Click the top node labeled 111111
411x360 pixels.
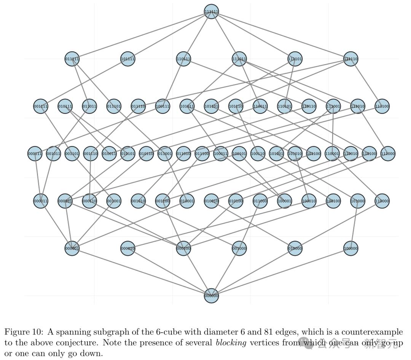pos(211,11)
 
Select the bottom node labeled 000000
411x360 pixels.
pos(211,296)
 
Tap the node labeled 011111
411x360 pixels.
pos(72,59)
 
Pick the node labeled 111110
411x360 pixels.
pos(350,59)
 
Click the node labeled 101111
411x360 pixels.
pos(127,59)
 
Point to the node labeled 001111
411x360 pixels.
pos(41,106)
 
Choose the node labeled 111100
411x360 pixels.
pos(382,106)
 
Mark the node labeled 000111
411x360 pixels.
pos(35,154)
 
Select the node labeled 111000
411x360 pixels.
pos(388,154)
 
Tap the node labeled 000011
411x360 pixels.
pos(41,201)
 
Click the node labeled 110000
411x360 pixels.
pos(382,201)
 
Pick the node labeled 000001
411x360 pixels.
pos(72,248)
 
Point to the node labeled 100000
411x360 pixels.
pos(350,248)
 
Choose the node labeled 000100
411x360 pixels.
pos(183,248)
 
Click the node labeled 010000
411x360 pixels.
pos(295,248)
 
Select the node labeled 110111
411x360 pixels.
pos(183,59)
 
